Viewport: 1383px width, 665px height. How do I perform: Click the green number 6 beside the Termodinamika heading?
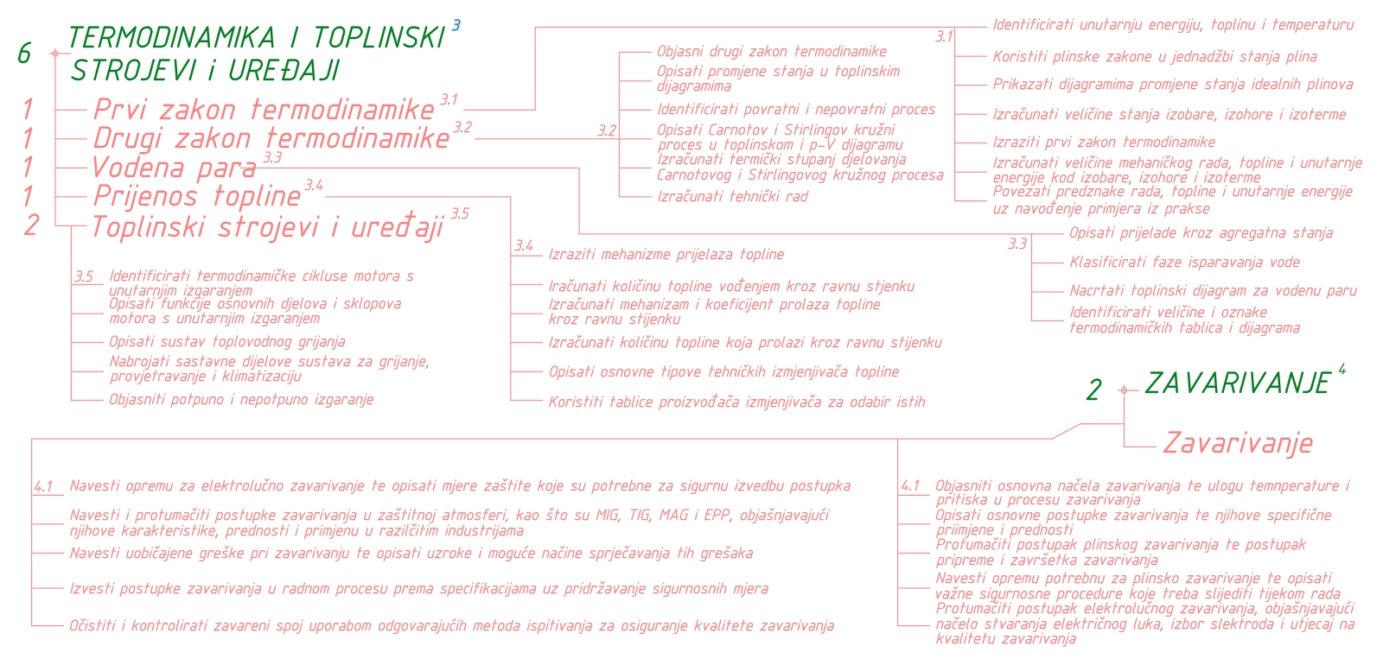click(24, 54)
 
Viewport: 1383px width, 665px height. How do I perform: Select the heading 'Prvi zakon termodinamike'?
click(264, 110)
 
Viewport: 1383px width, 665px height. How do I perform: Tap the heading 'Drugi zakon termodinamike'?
click(271, 138)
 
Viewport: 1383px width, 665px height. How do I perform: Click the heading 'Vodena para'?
click(174, 168)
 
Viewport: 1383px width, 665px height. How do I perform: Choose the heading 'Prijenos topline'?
click(197, 196)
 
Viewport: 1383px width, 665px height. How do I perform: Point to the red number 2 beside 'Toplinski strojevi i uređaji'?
click(31, 225)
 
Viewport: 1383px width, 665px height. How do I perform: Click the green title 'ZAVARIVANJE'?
click(1237, 383)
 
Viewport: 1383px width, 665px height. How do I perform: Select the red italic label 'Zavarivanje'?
click(1237, 443)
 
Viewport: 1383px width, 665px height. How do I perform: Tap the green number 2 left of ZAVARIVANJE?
click(1094, 390)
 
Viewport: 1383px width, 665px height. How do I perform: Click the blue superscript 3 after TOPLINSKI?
click(456, 25)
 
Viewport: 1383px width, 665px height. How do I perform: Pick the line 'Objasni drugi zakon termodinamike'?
click(771, 52)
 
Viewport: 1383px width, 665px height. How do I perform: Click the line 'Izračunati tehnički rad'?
click(732, 197)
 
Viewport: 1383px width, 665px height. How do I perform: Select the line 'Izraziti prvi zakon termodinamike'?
click(1103, 142)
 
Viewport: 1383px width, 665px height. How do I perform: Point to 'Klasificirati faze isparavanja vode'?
click(1183, 263)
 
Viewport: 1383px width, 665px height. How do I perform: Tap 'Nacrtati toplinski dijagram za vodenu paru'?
click(1213, 291)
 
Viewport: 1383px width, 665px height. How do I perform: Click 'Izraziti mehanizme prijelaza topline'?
click(666, 255)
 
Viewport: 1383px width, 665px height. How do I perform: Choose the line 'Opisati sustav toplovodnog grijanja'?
click(226, 342)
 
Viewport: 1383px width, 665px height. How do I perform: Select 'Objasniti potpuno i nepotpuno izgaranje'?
click(240, 400)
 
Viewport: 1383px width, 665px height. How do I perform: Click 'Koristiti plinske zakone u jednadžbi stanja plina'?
click(1154, 57)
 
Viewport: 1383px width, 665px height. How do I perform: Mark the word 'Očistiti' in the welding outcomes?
click(92, 625)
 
